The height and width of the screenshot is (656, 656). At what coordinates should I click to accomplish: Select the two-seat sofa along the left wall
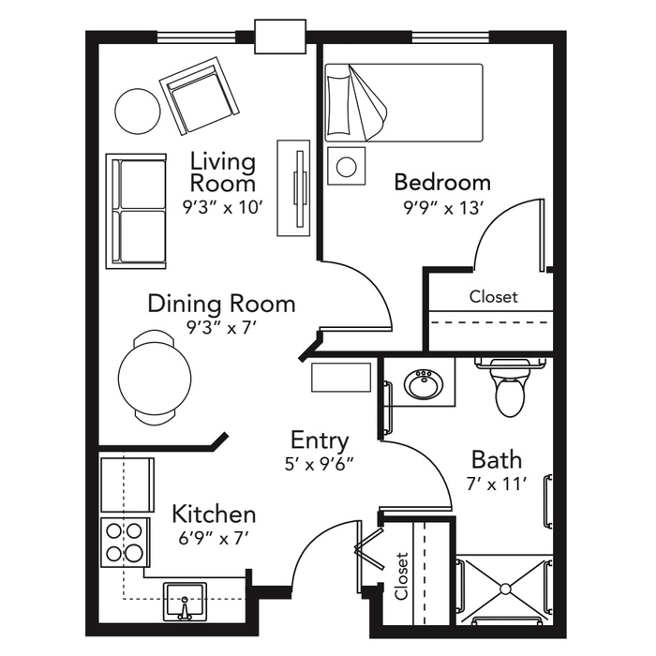click(x=136, y=211)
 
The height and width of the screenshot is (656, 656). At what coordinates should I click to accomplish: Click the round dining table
click(x=155, y=378)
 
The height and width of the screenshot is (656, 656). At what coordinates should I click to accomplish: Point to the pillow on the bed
click(x=337, y=105)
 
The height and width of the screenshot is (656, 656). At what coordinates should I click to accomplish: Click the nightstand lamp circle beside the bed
click(x=347, y=166)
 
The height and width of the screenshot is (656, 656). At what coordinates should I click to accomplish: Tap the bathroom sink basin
click(x=424, y=383)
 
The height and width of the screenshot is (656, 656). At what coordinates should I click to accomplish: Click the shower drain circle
click(x=506, y=589)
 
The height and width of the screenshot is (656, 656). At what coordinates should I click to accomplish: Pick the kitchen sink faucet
click(x=184, y=608)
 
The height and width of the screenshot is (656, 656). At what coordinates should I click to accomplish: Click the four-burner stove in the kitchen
click(x=125, y=543)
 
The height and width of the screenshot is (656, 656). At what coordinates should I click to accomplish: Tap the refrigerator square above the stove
click(x=127, y=485)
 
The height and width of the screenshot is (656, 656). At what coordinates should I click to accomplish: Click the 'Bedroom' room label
click(x=442, y=183)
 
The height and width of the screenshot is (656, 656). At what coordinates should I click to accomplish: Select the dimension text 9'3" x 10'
click(x=222, y=207)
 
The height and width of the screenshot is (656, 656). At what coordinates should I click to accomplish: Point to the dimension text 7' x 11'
click(x=496, y=485)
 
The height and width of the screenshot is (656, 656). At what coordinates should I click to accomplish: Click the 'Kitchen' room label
click(x=214, y=514)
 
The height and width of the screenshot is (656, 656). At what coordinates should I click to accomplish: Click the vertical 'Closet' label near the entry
click(x=401, y=576)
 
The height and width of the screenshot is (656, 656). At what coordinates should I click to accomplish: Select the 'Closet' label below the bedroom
click(x=493, y=297)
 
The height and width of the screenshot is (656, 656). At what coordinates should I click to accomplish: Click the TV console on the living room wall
click(x=293, y=187)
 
